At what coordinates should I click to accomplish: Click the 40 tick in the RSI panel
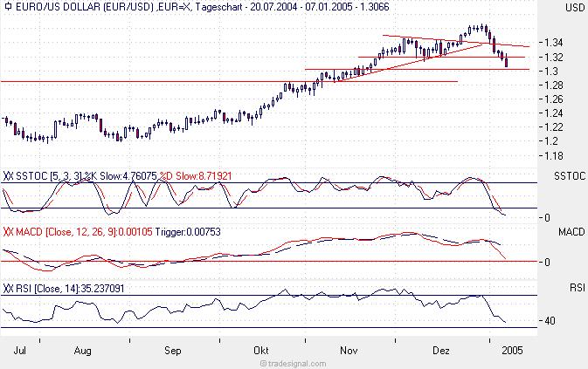coord(551,321)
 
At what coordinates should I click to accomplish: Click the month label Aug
coord(84,351)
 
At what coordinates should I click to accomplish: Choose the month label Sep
coord(173,351)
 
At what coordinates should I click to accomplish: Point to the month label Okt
coord(261,351)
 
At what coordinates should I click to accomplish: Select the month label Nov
coord(349,351)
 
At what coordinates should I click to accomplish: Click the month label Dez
coord(442,351)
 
